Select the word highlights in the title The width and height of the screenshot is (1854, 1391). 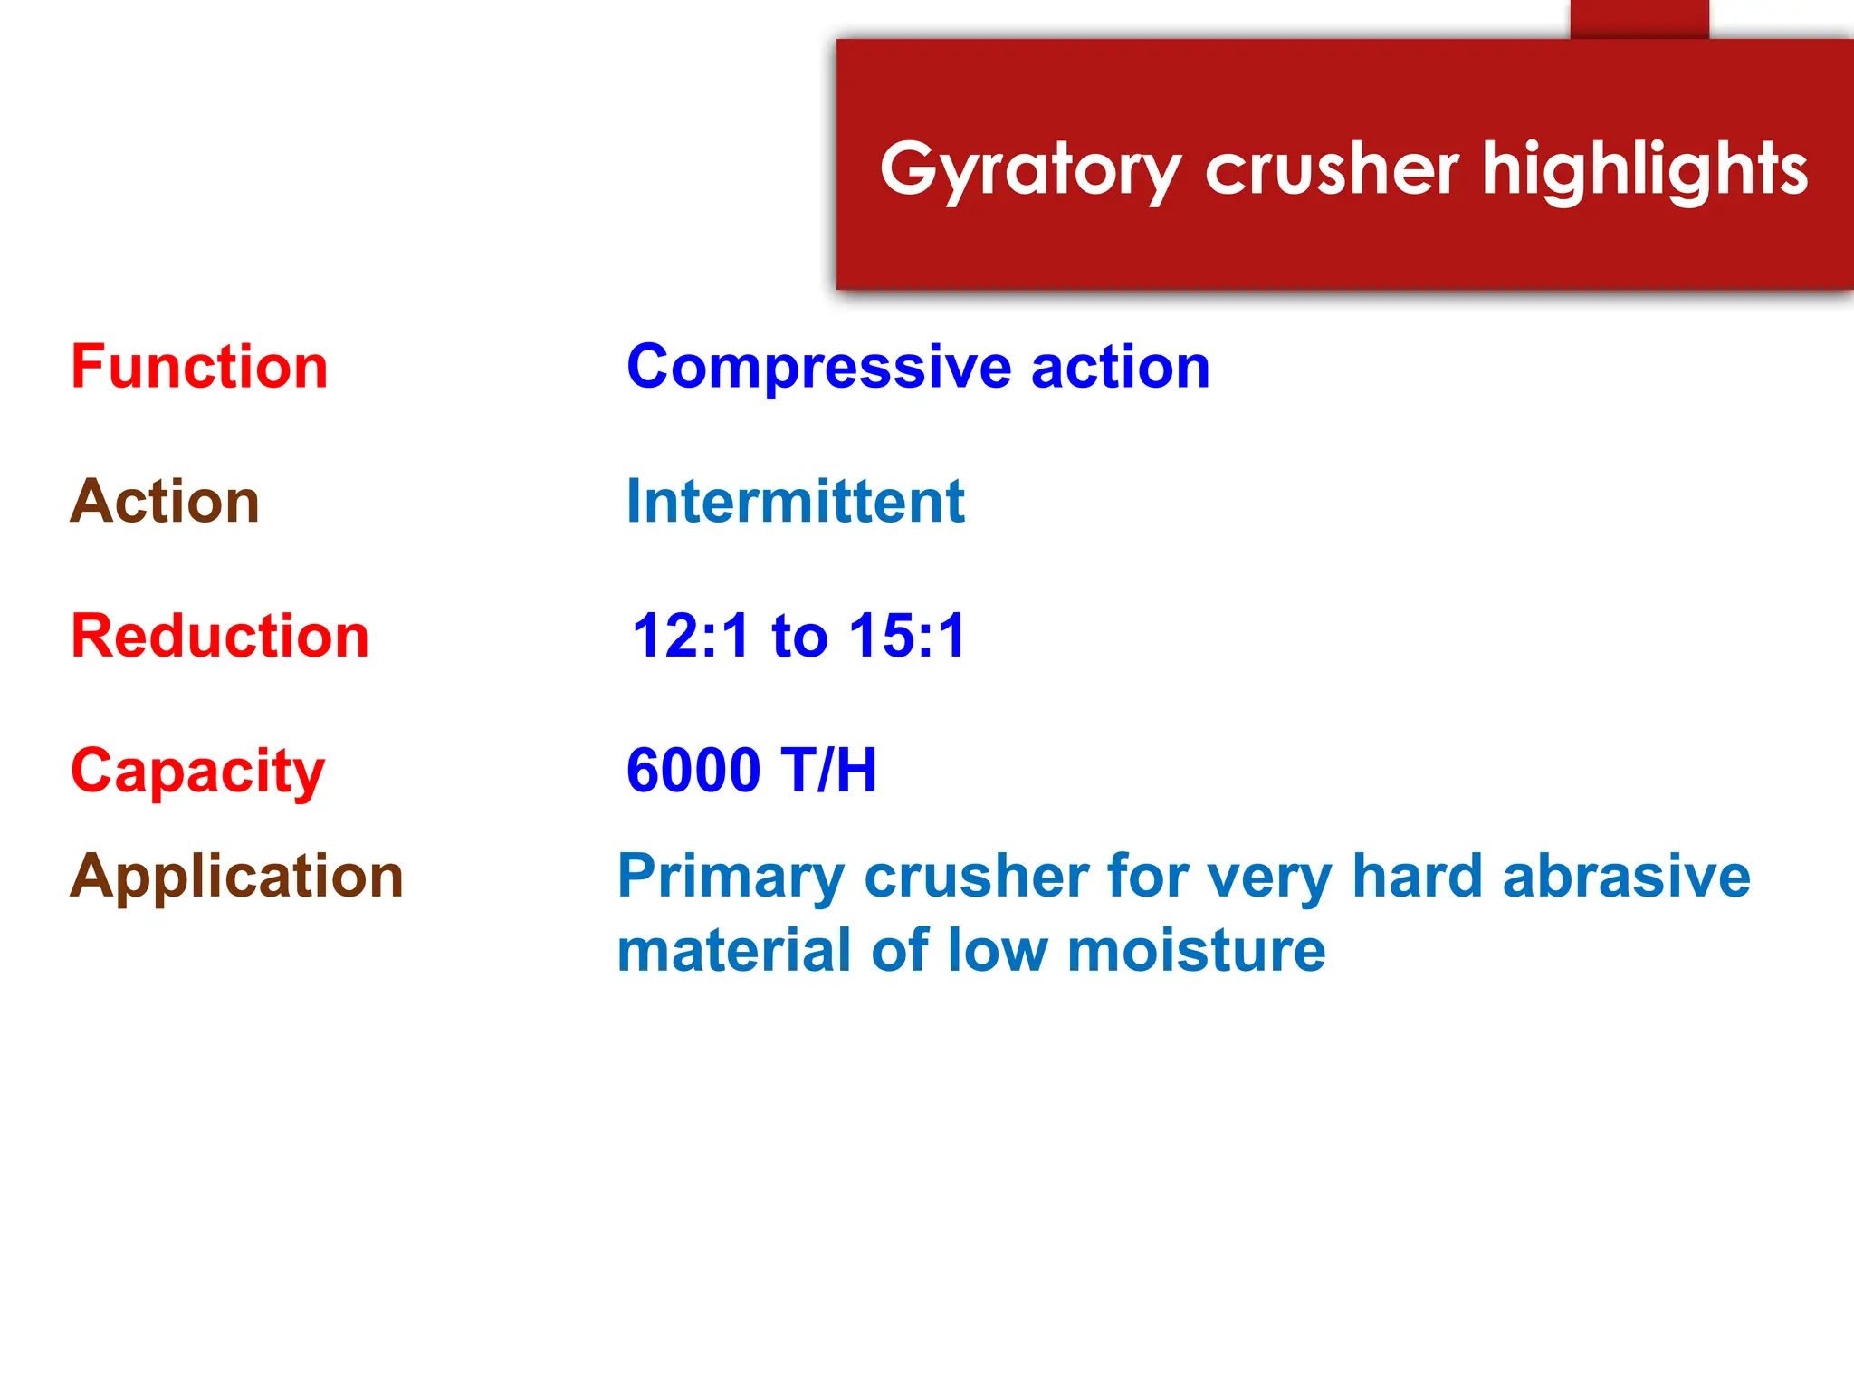1644,170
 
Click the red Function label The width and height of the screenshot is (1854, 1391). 199,367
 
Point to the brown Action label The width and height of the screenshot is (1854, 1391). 165,501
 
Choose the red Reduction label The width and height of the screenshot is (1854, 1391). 220,636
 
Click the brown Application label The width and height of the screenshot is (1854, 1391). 236,877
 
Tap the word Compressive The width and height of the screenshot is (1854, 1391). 818,367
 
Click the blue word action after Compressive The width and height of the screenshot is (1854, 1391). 1120,367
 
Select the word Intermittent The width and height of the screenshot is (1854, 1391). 795,501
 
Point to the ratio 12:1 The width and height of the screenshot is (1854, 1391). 691,636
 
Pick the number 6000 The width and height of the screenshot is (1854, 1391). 693,771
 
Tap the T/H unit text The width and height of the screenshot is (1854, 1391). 831,771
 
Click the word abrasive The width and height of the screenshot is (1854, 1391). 1626,877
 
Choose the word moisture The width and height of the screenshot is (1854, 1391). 1196,951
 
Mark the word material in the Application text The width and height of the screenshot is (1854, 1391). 734,951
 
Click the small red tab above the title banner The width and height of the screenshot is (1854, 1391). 1639,19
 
